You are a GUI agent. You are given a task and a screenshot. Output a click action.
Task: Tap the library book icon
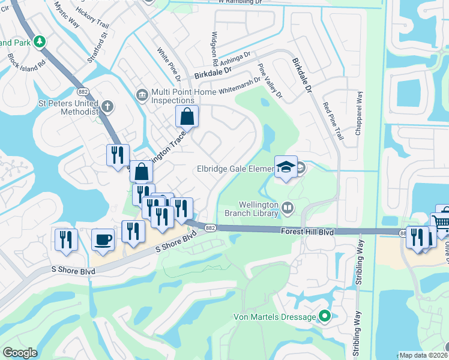pos(288,208)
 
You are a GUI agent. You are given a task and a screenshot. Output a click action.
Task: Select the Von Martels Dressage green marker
pos(325,316)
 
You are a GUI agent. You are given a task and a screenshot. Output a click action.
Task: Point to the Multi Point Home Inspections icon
pos(142,95)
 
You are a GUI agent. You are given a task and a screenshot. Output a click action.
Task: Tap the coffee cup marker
pos(103,240)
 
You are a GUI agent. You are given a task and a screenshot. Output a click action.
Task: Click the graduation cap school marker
pos(286,166)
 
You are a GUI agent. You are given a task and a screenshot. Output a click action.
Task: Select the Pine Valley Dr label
pos(270,81)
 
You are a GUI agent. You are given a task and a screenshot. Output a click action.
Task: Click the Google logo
pos(20,353)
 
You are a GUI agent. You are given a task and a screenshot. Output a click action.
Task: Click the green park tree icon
pos(40,42)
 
